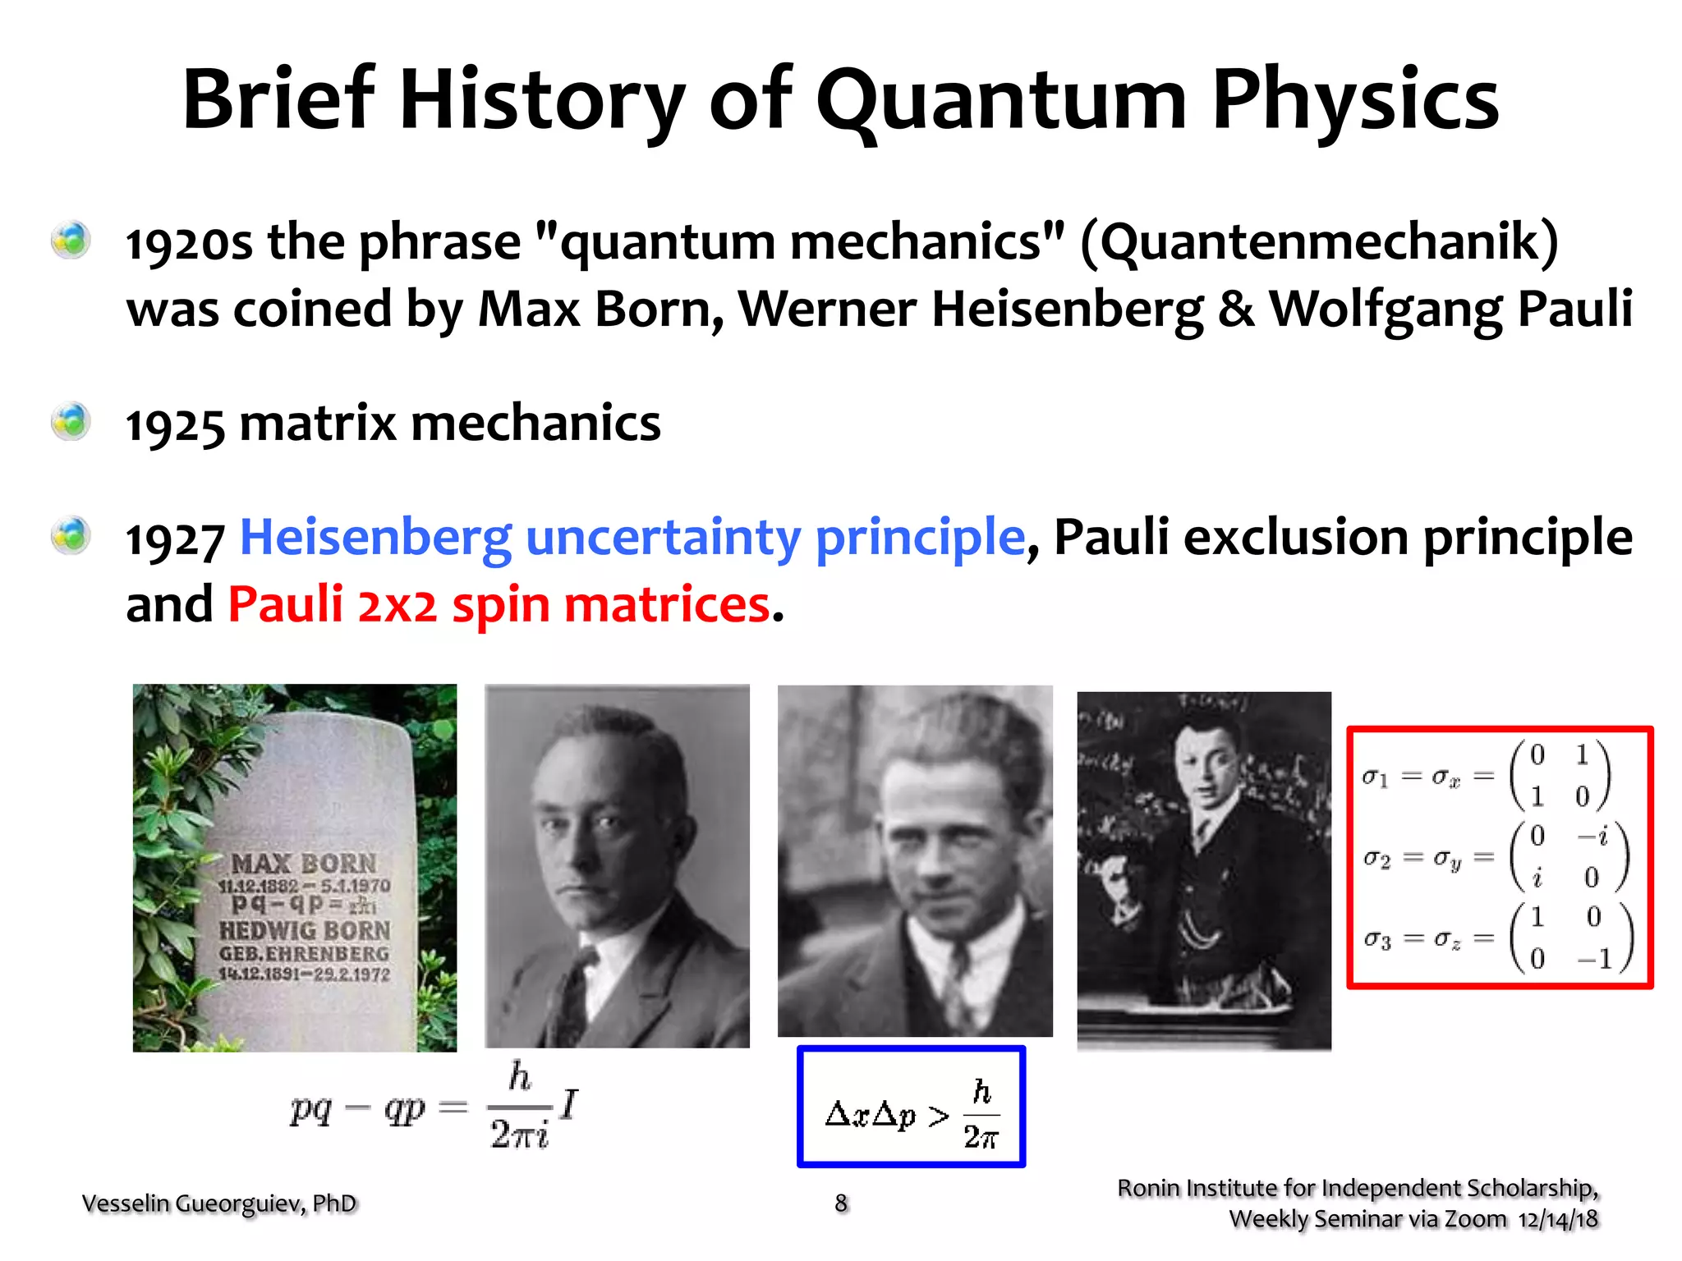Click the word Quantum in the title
pos(1001,101)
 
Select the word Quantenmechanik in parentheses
pos(1319,242)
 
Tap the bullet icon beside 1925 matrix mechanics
pos(71,423)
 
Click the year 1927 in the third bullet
pos(174,540)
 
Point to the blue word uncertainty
pos(663,539)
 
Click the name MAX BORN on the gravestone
pos(304,864)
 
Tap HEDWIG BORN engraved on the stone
pos(304,931)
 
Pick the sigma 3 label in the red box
pos(1377,938)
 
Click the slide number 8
pos(841,1204)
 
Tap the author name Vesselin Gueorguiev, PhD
pos(219,1204)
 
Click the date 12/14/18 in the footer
pos(1557,1220)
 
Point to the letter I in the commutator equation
pos(569,1103)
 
